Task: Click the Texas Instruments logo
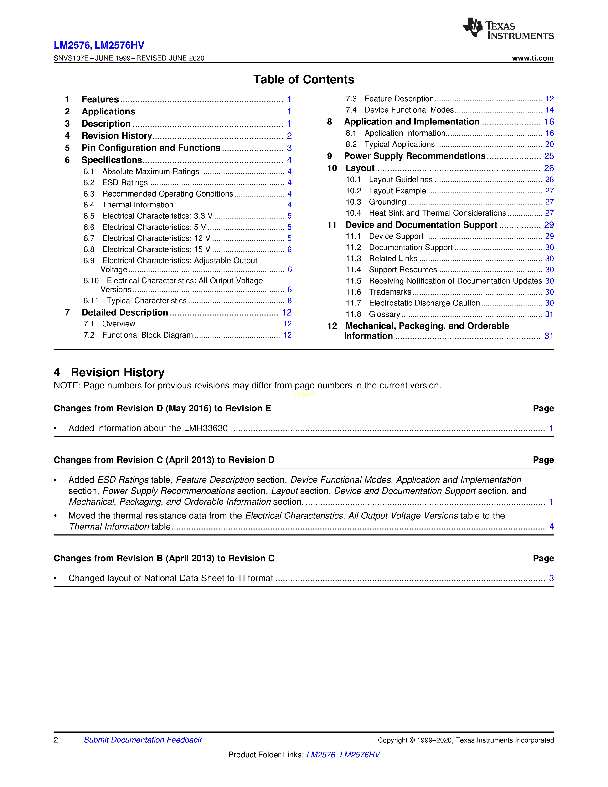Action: pos(508,28)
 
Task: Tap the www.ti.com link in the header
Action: pos(532,58)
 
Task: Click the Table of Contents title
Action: pos(304,79)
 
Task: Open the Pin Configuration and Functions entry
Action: pos(151,148)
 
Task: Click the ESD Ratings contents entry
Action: pos(125,183)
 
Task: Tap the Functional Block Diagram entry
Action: pos(147,335)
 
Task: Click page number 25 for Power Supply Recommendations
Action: pos(549,156)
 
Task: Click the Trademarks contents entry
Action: pos(390,292)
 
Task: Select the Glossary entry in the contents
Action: pos(384,314)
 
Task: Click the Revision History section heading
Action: pos(117,372)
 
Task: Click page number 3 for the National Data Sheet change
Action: pos(551,578)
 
